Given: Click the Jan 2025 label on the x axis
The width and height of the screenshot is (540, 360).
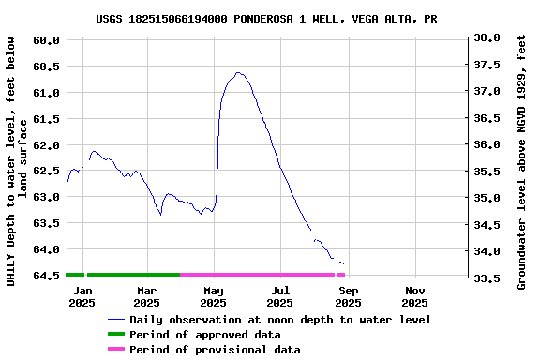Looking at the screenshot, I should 82,296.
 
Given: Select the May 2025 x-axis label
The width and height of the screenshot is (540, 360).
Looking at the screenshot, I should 213,296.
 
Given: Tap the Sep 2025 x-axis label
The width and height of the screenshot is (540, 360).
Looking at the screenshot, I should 348,296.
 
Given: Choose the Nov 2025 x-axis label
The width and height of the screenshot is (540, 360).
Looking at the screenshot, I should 414,296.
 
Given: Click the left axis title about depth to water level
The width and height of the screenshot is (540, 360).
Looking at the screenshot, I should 17,161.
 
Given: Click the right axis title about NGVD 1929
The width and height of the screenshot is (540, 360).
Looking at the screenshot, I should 522,161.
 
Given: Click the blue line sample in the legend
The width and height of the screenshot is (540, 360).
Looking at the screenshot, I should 116,320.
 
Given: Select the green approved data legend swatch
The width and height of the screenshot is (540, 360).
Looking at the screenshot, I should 116,335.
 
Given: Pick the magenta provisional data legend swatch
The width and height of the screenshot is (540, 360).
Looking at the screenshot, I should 116,350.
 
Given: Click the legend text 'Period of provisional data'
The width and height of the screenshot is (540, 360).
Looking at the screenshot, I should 215,350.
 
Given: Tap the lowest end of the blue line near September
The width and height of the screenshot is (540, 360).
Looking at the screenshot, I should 343,263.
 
